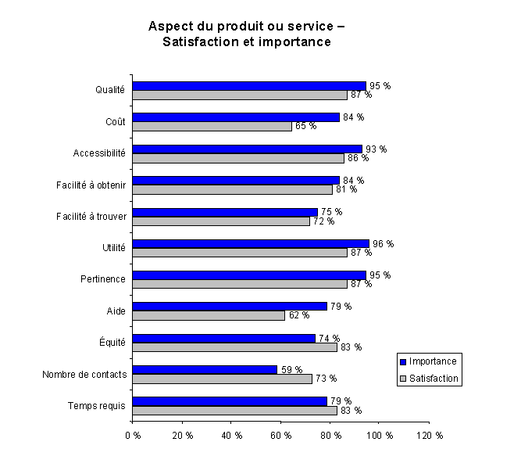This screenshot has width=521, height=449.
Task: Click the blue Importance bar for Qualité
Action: (x=249, y=86)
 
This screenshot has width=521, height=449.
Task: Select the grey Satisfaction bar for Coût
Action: (x=212, y=127)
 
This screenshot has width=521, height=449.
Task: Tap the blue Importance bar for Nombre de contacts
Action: (x=205, y=369)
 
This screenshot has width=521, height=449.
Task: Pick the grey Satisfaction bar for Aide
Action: (x=209, y=315)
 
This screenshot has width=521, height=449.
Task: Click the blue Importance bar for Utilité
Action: (x=251, y=244)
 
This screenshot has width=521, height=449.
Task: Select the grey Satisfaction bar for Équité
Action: (x=235, y=347)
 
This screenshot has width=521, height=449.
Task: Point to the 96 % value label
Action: (x=383, y=244)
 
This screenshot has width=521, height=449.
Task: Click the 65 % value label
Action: (x=305, y=127)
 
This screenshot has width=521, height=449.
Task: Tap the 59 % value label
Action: (x=291, y=369)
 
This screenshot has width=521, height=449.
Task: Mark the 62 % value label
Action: (x=298, y=315)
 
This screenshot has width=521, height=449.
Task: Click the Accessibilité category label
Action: (x=99, y=153)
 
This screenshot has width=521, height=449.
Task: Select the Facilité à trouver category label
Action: (x=92, y=216)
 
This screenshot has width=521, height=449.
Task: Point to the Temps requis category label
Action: (x=97, y=405)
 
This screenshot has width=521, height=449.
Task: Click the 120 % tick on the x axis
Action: (x=430, y=435)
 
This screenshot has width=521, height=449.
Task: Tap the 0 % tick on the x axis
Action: (x=133, y=435)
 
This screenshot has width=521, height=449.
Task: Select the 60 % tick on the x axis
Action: (x=281, y=435)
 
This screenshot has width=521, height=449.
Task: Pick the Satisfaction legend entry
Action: (x=429, y=379)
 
